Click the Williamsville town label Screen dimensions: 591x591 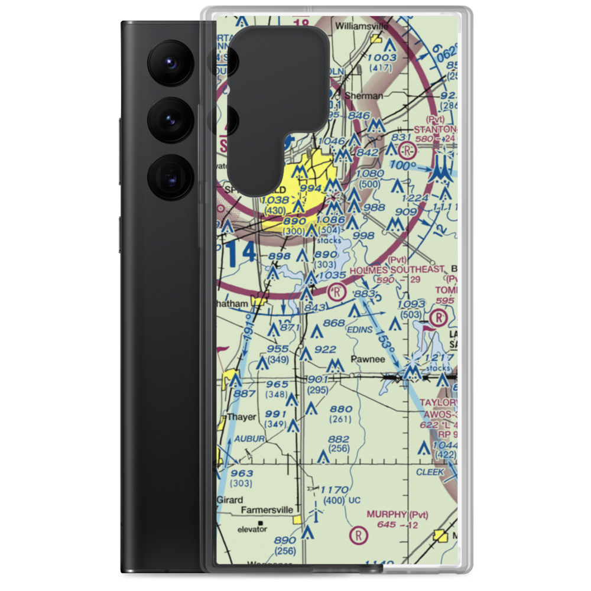coord(360,26)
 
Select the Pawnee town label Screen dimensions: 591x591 coord(367,359)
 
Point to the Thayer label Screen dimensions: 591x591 coord(241,417)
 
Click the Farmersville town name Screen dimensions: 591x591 coord(266,509)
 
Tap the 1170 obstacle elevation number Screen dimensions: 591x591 coord(335,490)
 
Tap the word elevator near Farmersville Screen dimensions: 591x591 coord(252,530)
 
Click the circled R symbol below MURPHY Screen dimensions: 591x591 coord(358,536)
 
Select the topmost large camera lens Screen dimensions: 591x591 coord(168,62)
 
